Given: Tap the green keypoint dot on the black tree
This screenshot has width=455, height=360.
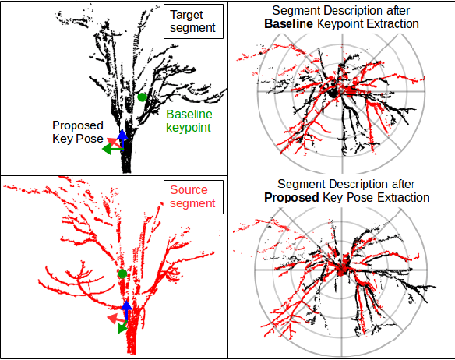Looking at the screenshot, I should point(142,97).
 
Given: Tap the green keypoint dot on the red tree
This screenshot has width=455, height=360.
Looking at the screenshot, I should point(122,274).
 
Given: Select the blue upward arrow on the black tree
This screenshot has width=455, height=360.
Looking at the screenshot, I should point(122,136).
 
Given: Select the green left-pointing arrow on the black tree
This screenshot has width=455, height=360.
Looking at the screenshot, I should point(112,149).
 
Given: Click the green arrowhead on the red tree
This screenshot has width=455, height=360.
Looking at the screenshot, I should point(122,328).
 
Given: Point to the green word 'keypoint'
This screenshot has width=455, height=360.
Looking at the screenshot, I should point(189,127).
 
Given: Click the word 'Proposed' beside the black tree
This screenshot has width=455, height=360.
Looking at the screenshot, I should point(76,125).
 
